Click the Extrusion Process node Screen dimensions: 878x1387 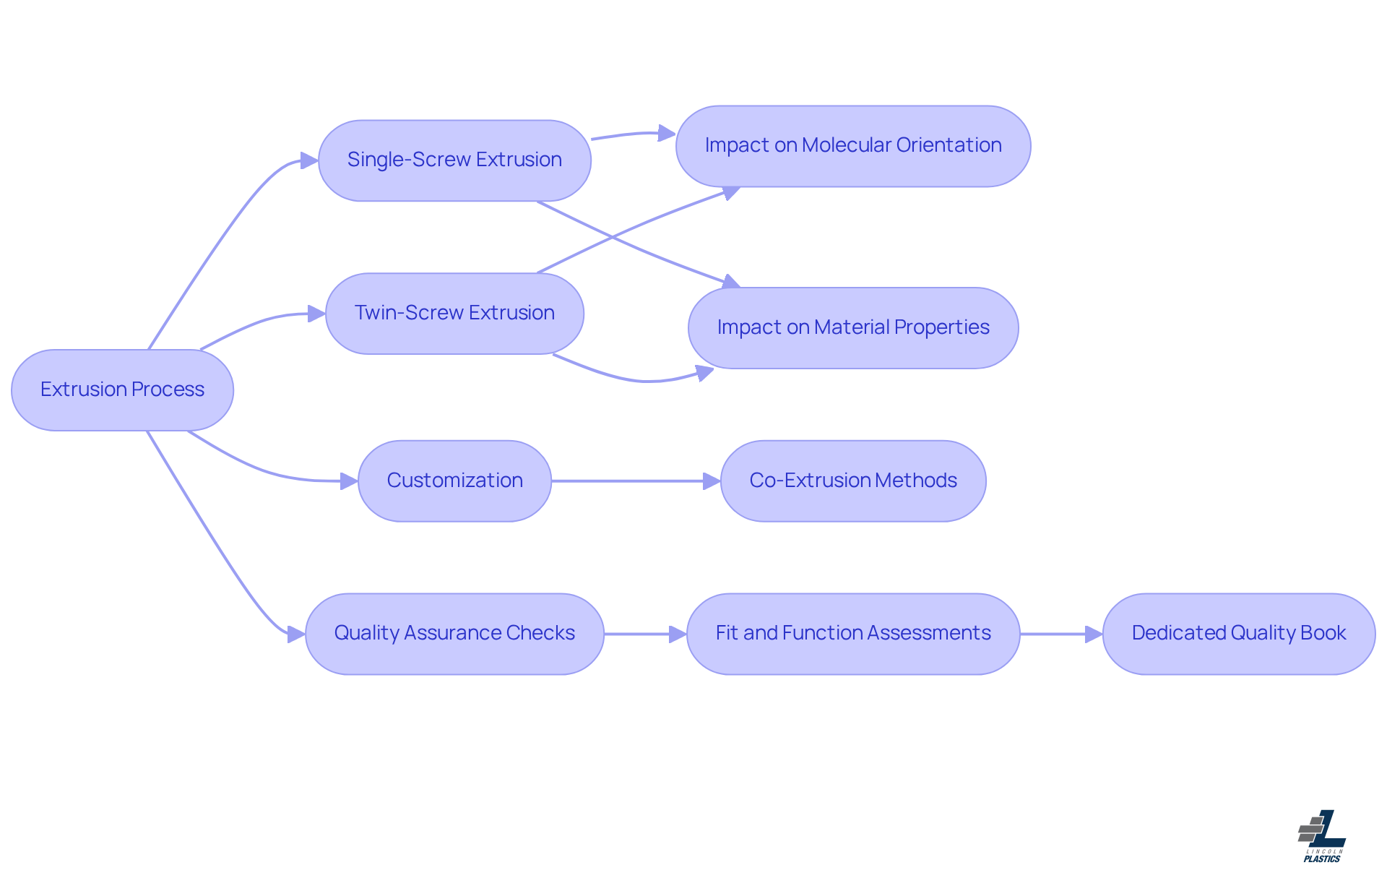tap(122, 390)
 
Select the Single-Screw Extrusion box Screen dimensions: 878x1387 tap(454, 160)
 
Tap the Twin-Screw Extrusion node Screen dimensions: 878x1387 tap(454, 314)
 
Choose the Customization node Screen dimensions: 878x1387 tap(454, 481)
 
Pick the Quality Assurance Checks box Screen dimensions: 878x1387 tap(454, 634)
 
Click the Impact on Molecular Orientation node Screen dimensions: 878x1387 tap(853, 146)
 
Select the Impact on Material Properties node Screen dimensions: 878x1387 tap(853, 328)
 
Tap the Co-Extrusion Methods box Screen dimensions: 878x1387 tap(853, 481)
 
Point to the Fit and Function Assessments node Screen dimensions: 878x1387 tap(853, 634)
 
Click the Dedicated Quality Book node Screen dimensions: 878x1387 tap(1239, 634)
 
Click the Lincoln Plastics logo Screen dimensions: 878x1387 tap(1322, 836)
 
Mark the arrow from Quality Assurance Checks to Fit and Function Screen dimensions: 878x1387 tap(643, 634)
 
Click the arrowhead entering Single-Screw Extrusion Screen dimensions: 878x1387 tap(309, 160)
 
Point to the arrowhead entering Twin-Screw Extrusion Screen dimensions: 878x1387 tap(316, 314)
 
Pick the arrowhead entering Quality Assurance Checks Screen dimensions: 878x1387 tap(296, 634)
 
